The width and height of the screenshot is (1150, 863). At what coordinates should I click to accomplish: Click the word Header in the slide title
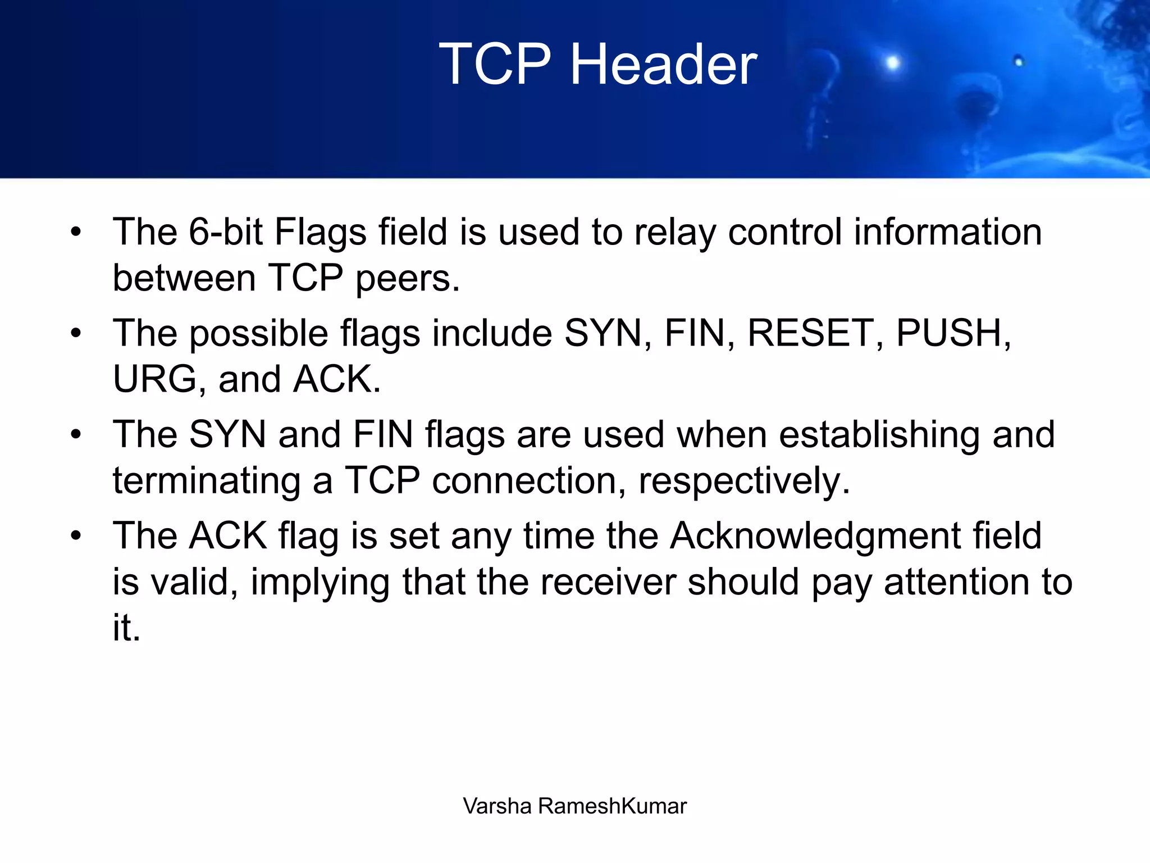pyautogui.click(x=664, y=65)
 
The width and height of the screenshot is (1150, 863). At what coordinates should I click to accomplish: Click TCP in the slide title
pyautogui.click(x=495, y=65)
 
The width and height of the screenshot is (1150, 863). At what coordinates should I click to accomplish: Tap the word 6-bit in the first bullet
pyautogui.click(x=225, y=231)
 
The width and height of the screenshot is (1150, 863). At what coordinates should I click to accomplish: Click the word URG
pyautogui.click(x=154, y=379)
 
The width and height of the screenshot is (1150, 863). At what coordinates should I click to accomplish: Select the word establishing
pyautogui.click(x=879, y=435)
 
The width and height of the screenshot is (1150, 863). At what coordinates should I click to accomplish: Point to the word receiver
pyautogui.click(x=608, y=582)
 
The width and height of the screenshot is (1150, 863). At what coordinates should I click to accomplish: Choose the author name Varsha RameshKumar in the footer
pyautogui.click(x=574, y=806)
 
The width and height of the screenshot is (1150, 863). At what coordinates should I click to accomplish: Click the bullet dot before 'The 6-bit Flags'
pyautogui.click(x=76, y=232)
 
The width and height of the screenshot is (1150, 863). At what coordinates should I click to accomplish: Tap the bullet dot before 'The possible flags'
pyautogui.click(x=76, y=333)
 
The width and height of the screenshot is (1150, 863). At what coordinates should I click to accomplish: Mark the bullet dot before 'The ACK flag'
pyautogui.click(x=76, y=536)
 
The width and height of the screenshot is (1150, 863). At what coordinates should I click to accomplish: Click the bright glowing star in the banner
pyautogui.click(x=892, y=62)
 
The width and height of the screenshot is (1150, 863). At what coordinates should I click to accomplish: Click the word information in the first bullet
pyautogui.click(x=948, y=231)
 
